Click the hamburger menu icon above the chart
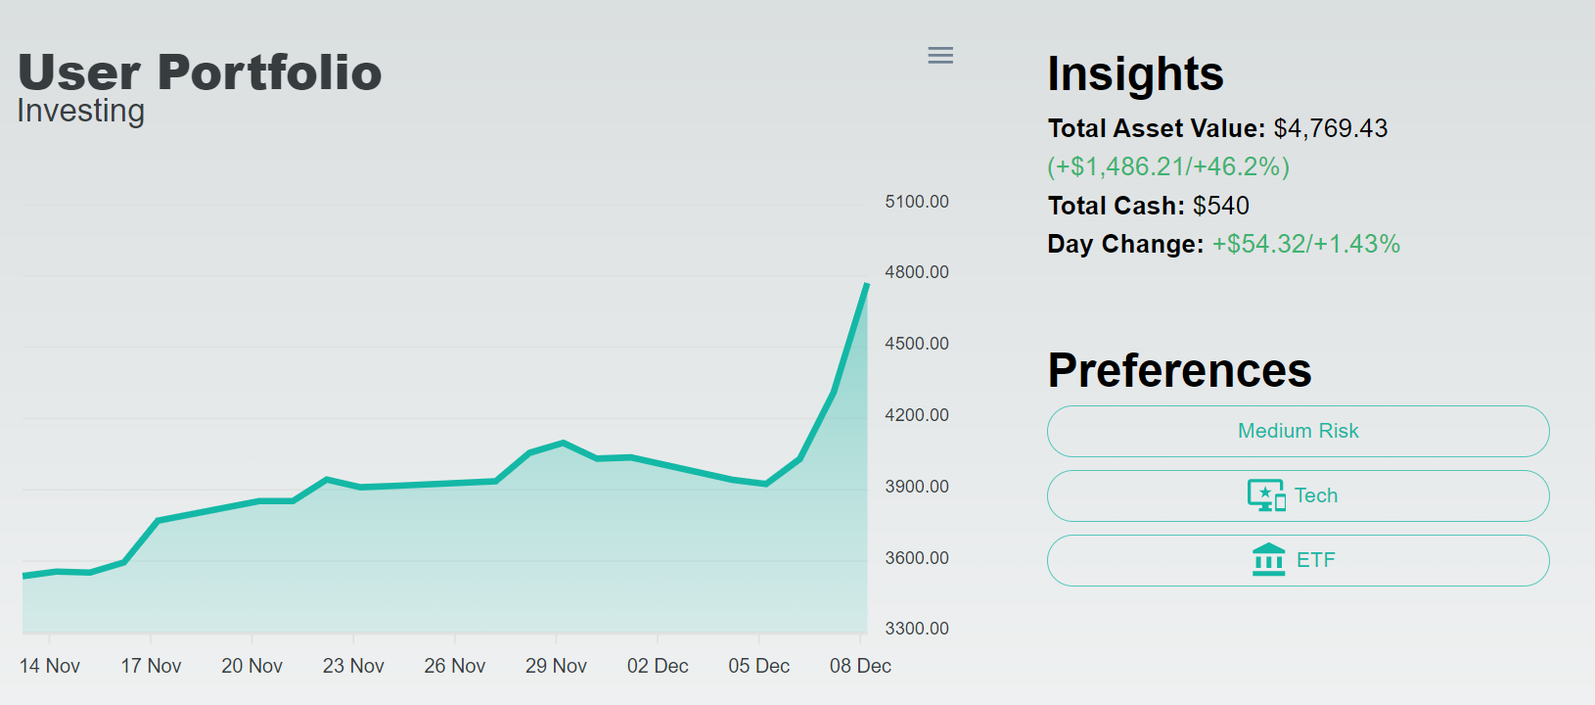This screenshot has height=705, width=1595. pyautogui.click(x=940, y=56)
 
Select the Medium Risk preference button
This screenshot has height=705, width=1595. pyautogui.click(x=1298, y=431)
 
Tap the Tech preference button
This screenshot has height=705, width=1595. pyautogui.click(x=1298, y=495)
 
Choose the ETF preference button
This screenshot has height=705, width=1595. pyautogui.click(x=1298, y=560)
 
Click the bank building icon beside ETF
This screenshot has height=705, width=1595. pyautogui.click(x=1268, y=560)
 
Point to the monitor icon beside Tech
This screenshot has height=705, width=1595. pyautogui.click(x=1265, y=495)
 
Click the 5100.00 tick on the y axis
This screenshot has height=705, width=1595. pyautogui.click(x=917, y=202)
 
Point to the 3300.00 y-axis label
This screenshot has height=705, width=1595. pyautogui.click(x=917, y=629)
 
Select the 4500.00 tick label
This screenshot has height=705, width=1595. pyautogui.click(x=917, y=344)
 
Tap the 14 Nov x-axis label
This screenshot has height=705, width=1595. pyautogui.click(x=50, y=666)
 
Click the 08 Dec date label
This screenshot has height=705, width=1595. pyautogui.click(x=860, y=666)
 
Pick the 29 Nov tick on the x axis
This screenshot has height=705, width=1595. pyautogui.click(x=556, y=666)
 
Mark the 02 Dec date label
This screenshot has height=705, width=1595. pyautogui.click(x=658, y=666)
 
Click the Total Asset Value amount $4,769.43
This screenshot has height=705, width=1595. pyautogui.click(x=1330, y=128)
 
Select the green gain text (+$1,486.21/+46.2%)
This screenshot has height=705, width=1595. pyautogui.click(x=1168, y=166)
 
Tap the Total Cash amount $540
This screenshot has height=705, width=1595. pyautogui.click(x=1220, y=206)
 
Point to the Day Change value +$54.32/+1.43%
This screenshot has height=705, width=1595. pyautogui.click(x=1305, y=244)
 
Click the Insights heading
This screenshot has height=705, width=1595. pyautogui.click(x=1135, y=74)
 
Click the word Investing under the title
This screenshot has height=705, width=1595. pyautogui.click(x=81, y=111)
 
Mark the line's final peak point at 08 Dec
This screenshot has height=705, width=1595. pyautogui.click(x=866, y=285)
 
